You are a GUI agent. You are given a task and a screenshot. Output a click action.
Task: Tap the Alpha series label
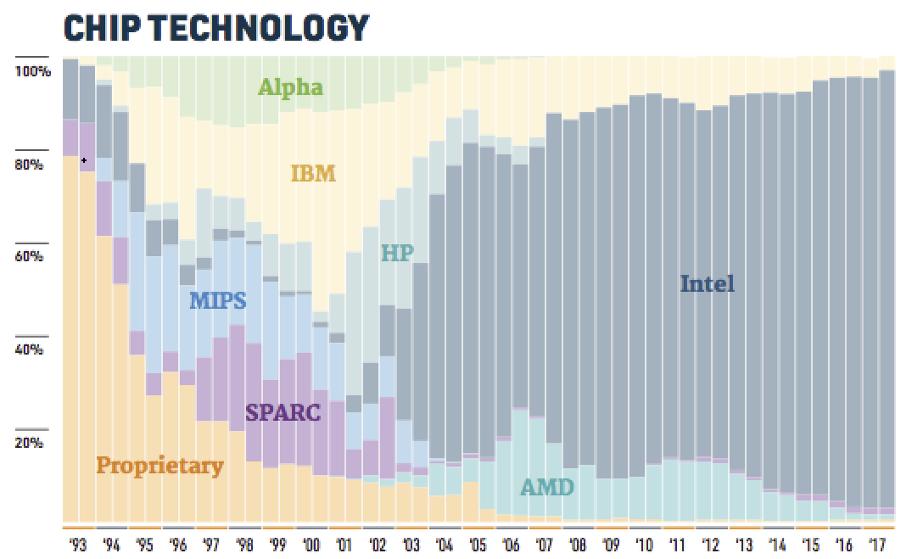coord(291,87)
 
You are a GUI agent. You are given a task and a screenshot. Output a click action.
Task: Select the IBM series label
coord(314,174)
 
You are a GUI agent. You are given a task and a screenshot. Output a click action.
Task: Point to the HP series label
coord(397,253)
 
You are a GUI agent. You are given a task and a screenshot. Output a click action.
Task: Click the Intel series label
coord(708,283)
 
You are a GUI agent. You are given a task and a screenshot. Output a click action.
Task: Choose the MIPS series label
coord(218,300)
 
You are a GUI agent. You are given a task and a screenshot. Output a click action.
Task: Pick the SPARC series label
coord(283,413)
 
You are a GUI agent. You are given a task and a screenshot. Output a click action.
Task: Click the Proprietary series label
coord(159,465)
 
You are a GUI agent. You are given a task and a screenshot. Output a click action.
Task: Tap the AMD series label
coord(546,487)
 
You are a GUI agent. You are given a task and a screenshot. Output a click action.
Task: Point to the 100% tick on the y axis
coord(33,72)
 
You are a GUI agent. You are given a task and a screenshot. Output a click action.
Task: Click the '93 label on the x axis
coord(78,545)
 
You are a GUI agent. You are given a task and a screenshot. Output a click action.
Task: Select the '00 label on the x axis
coord(311,545)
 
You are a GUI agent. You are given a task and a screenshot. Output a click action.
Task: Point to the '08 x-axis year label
coord(578,545)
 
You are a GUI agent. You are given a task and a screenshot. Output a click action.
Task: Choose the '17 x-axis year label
coord(877,545)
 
